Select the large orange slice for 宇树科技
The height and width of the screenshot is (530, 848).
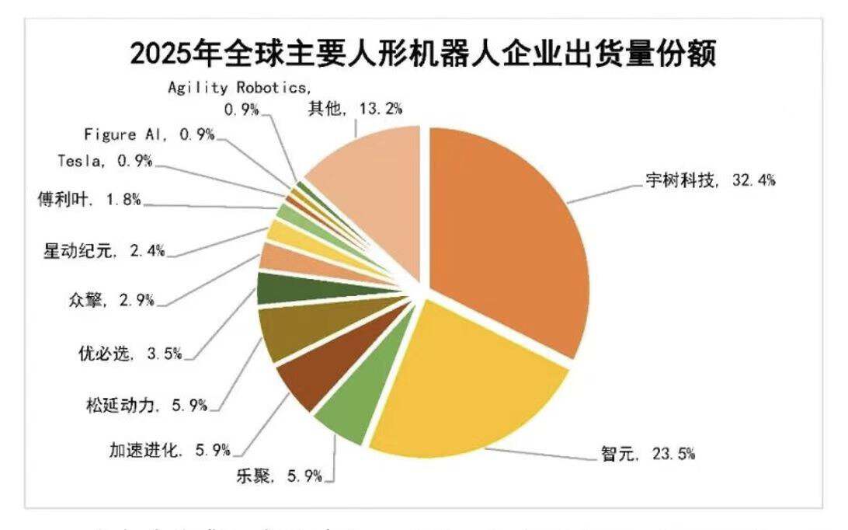coord(505,233)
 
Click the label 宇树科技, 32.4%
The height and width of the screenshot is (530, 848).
coord(710,180)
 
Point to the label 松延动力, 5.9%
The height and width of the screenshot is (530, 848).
coord(147,405)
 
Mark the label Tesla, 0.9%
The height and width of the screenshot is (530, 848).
coord(104,162)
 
